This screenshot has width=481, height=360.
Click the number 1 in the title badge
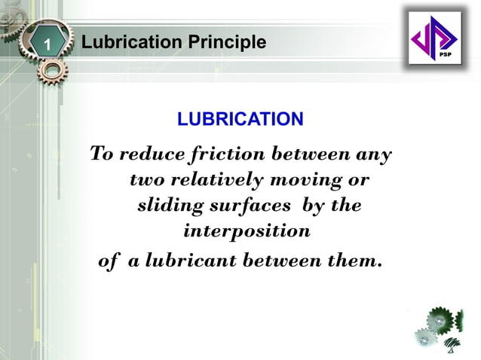[47, 44]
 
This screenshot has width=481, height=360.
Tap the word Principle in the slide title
[228, 43]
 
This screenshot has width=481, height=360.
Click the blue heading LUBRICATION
[240, 119]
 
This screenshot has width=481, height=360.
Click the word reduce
[152, 155]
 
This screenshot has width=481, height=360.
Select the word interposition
[247, 231]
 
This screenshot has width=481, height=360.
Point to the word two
[146, 182]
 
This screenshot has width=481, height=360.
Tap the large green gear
[439, 321]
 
